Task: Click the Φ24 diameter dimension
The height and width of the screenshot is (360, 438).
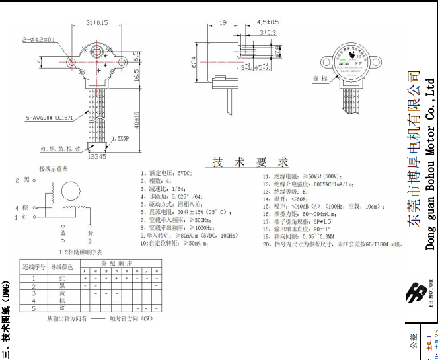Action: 194,63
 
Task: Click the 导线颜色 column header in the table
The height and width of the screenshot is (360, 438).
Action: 61,266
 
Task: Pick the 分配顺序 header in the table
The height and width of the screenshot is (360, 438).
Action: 120,262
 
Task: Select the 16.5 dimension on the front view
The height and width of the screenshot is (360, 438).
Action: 136,77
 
